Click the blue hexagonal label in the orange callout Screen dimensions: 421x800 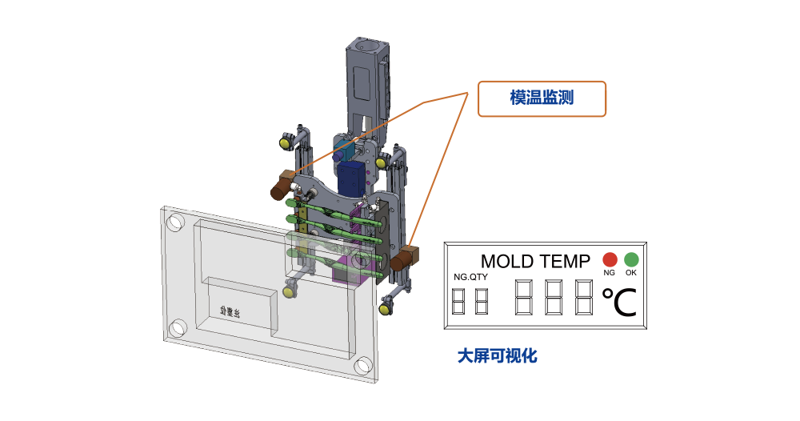coord(542,98)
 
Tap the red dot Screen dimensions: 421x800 coord(607,259)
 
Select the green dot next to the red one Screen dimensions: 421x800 coord(630,259)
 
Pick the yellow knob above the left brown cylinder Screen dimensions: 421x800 coord(286,143)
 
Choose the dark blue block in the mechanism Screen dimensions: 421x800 coord(349,177)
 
